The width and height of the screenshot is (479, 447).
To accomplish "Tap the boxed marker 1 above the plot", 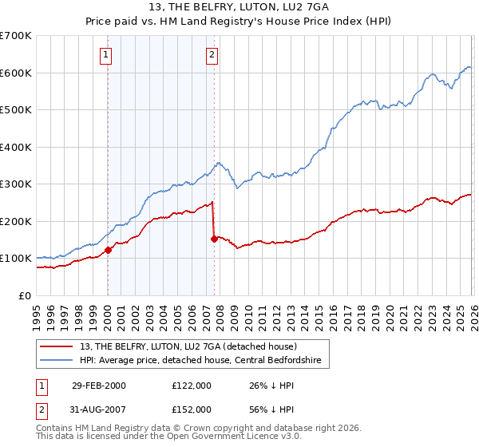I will click(x=106, y=55).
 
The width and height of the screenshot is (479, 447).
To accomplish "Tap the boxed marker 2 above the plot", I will click(x=212, y=55).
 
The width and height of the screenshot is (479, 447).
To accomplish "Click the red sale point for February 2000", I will click(x=108, y=250).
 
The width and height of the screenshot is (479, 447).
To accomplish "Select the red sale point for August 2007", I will click(x=214, y=239).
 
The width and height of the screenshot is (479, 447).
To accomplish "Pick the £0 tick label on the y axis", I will click(x=24, y=295).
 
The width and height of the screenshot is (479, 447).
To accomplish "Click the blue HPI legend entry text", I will click(x=200, y=362).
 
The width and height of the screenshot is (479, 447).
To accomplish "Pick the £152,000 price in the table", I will click(x=191, y=409).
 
